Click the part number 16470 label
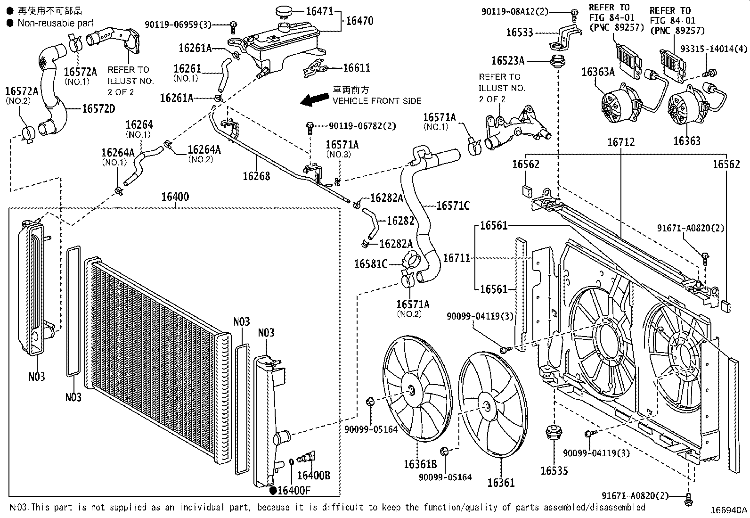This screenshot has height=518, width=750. click(359, 21)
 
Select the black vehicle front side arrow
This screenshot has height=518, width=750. click(314, 99)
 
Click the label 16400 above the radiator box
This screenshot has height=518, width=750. click(175, 197)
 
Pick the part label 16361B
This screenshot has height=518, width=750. click(420, 464)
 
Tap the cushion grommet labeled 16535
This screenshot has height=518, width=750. click(554, 433)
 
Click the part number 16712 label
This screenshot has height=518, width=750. click(621, 142)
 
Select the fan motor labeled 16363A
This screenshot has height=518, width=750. click(620, 103)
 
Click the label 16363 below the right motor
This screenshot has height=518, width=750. click(687, 141)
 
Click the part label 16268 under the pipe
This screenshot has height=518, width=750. click(256, 176)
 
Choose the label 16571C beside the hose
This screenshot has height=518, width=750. click(453, 206)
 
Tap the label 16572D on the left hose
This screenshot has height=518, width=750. click(98, 108)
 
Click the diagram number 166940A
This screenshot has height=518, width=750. click(729, 510)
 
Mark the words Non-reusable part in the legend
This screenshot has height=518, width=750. click(56, 23)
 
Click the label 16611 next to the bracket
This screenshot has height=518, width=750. click(357, 68)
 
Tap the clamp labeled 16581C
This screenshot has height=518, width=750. click(409, 263)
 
